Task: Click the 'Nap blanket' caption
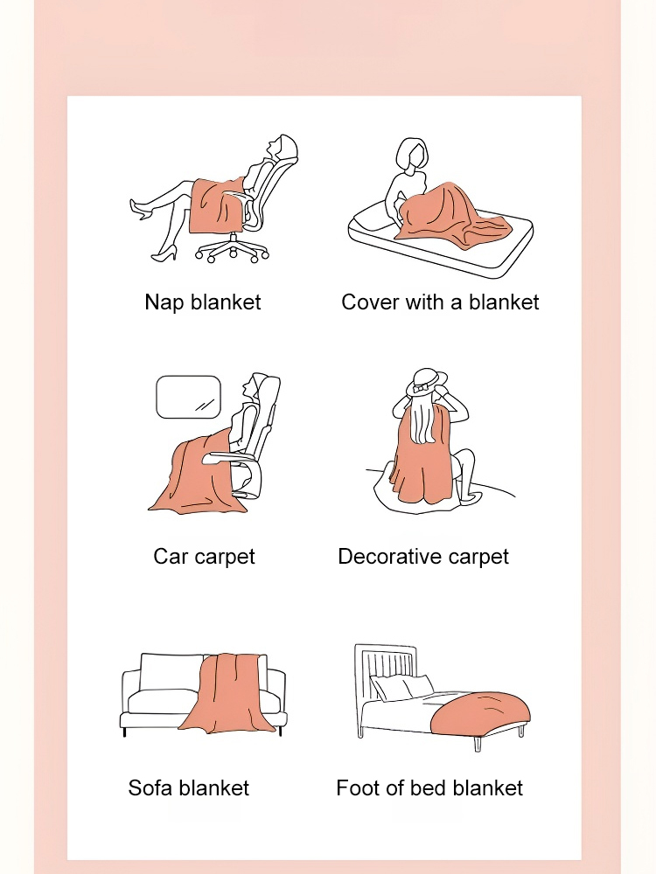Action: (x=203, y=302)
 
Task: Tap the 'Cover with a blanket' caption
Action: (x=440, y=302)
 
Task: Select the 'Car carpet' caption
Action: (x=204, y=557)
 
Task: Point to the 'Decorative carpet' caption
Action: (x=423, y=557)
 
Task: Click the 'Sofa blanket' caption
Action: (x=189, y=787)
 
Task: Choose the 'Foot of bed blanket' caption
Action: (x=429, y=787)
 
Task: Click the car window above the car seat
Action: (x=188, y=397)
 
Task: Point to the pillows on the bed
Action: (x=402, y=687)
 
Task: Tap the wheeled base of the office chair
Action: (x=233, y=249)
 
